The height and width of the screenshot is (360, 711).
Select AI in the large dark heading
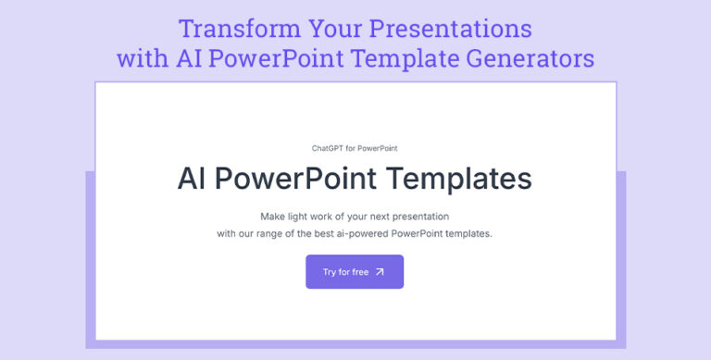pos(193,179)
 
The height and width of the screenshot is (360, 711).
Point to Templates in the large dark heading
pos(467,179)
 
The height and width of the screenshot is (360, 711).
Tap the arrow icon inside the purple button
pos(380,272)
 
